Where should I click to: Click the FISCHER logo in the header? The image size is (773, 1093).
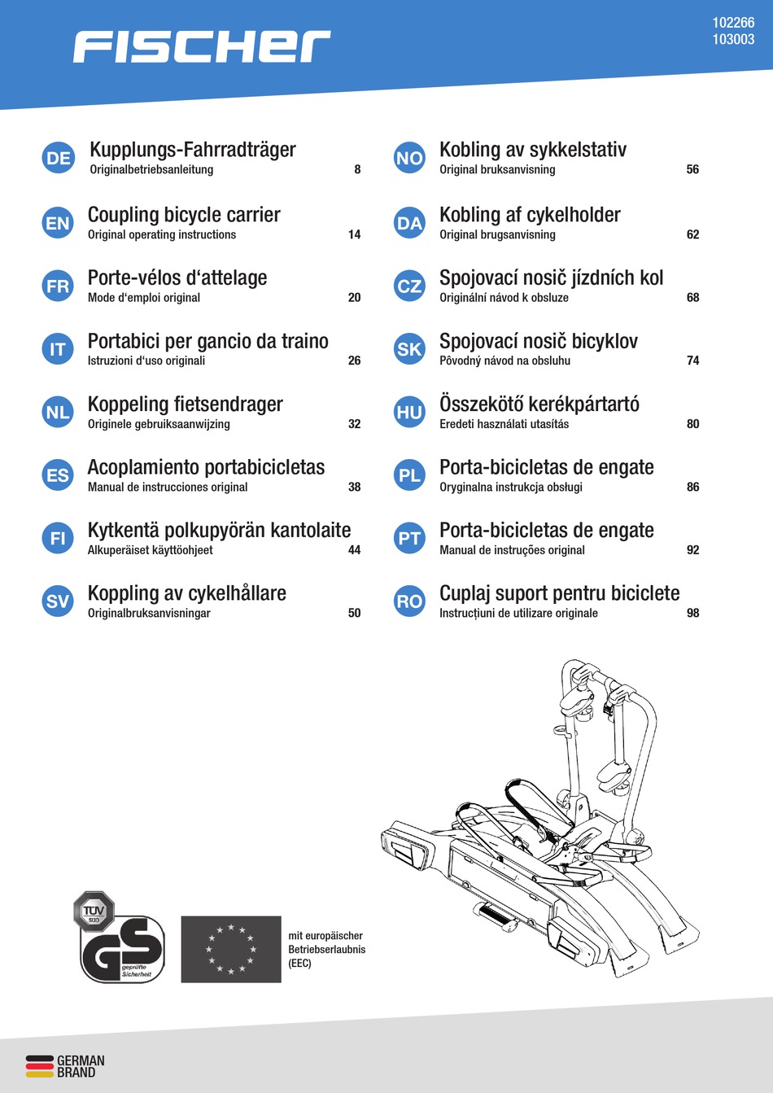click(202, 47)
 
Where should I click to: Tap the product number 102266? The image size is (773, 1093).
click(733, 23)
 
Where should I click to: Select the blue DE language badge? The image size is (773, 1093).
click(58, 158)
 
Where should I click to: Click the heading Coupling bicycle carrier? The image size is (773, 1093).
click(184, 215)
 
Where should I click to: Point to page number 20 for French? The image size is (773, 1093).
click(354, 298)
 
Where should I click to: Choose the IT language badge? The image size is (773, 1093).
click(58, 349)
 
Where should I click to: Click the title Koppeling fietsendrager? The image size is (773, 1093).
click(186, 404)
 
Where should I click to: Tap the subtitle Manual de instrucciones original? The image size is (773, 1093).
click(168, 487)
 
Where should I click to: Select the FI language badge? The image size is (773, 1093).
click(58, 538)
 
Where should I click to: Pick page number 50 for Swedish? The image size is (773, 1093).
click(354, 614)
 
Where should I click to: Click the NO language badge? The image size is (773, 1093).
click(409, 158)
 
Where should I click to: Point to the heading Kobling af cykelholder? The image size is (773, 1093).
click(530, 215)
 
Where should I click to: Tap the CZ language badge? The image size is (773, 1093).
click(409, 286)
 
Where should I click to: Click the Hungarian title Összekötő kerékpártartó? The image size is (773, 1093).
click(539, 404)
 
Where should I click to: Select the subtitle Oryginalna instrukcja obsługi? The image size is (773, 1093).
click(511, 487)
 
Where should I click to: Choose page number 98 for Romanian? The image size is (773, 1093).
click(692, 614)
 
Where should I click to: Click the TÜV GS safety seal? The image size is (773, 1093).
click(120, 938)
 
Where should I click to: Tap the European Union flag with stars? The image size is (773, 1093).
click(231, 949)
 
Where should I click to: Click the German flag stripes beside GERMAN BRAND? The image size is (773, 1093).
click(39, 1066)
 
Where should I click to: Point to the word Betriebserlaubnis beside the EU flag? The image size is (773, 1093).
click(326, 950)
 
